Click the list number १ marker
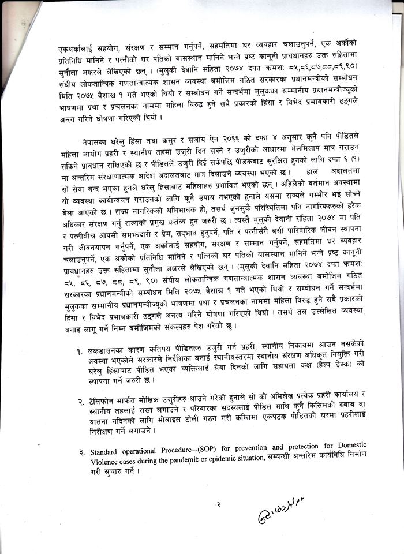(78, 351)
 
